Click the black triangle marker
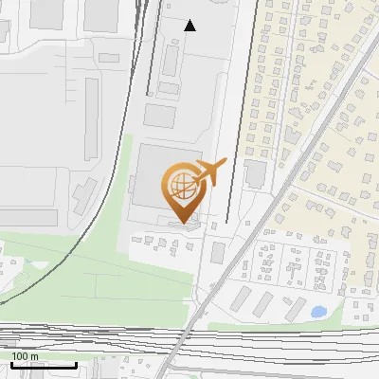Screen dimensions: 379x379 190,26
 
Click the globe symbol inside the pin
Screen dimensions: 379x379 178,182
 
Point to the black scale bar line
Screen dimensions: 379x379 44,365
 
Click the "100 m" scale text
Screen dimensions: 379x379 25,356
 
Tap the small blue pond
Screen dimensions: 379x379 316,310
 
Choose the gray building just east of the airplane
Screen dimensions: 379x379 254,173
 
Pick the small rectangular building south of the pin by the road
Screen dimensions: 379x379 218,252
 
